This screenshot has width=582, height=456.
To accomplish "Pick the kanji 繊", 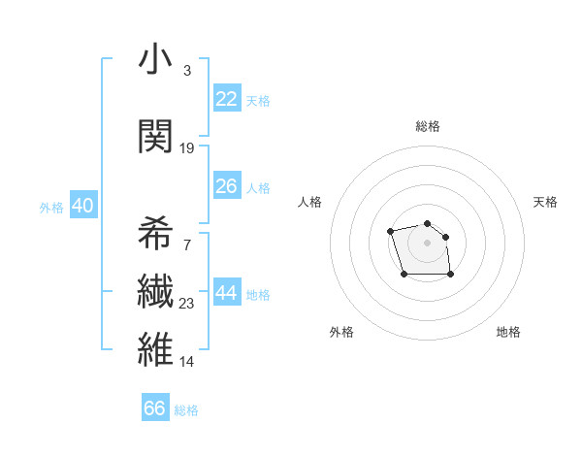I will tap(155, 291).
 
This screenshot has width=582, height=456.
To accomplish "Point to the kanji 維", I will tap(155, 349).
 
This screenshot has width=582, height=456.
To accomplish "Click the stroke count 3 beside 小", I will tap(186, 71).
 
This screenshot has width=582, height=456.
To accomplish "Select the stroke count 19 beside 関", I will tap(187, 147).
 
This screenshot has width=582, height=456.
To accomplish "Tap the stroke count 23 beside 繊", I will tap(187, 303).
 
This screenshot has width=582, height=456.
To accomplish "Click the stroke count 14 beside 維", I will tap(187, 361).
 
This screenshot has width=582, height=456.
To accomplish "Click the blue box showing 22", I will tap(226, 99).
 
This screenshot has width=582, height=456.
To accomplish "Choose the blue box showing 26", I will tap(226, 186).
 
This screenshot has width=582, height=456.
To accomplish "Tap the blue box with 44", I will tap(226, 293).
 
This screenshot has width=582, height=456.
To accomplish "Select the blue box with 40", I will tap(82, 206).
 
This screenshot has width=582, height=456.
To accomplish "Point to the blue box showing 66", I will tap(154, 408).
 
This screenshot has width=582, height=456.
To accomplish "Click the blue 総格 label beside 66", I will tap(186, 410).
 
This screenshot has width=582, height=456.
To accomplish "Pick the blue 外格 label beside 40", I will tap(51, 207).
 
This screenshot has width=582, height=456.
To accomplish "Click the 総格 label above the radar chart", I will tap(427, 126).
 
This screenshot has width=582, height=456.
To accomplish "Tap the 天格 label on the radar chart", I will tap(545, 202).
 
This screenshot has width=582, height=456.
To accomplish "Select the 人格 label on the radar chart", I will tap(309, 202).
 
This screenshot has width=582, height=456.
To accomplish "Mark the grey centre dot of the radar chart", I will tap(427, 242).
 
